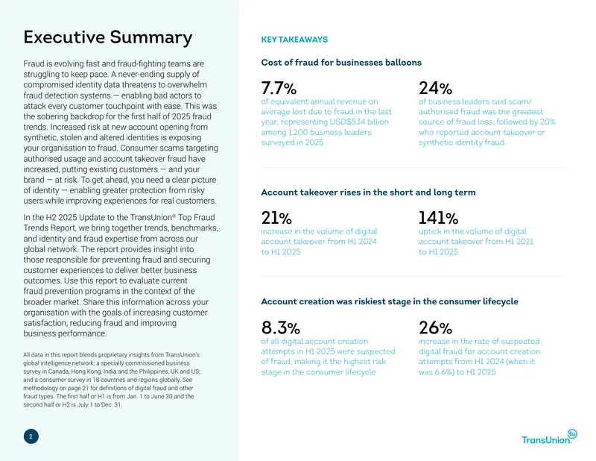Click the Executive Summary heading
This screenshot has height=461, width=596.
pos(108,38)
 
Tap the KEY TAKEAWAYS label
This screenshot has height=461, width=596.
pos(294,40)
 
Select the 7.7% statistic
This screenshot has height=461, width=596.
pos(279,88)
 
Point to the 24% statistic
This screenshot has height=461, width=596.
pos(435,88)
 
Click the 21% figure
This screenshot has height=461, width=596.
pos(276,218)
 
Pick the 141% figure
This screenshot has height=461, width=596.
pos(438,218)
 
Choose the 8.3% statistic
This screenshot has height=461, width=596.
pos(281,327)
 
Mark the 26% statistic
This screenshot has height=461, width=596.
pos(435,327)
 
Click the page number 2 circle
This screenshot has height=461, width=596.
pos(31,436)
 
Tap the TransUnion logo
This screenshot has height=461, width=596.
pos(549,437)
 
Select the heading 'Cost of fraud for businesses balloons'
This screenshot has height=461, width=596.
pos(341,63)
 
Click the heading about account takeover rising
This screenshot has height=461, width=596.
pos(368,192)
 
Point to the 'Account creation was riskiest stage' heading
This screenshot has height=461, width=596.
pos(390,301)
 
